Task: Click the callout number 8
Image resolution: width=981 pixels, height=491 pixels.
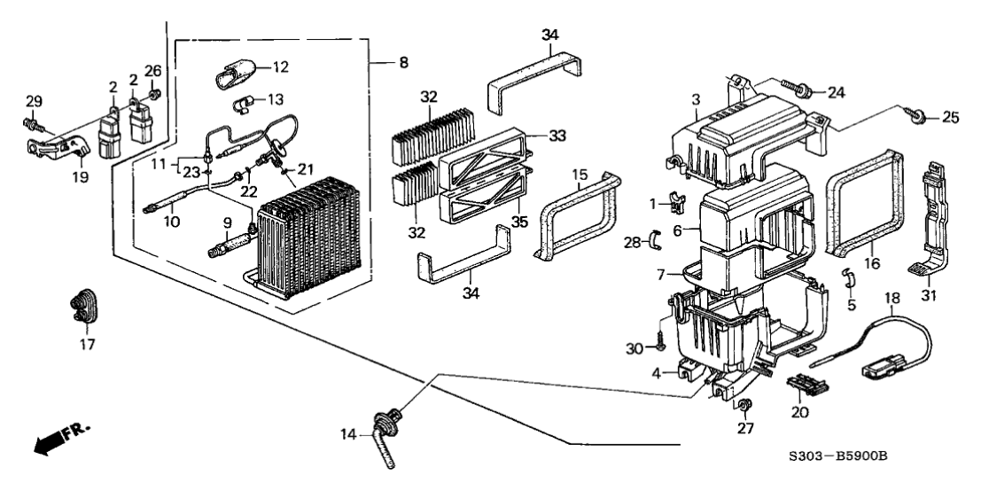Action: (x=403, y=63)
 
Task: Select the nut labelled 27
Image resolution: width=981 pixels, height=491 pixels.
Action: (x=745, y=407)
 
